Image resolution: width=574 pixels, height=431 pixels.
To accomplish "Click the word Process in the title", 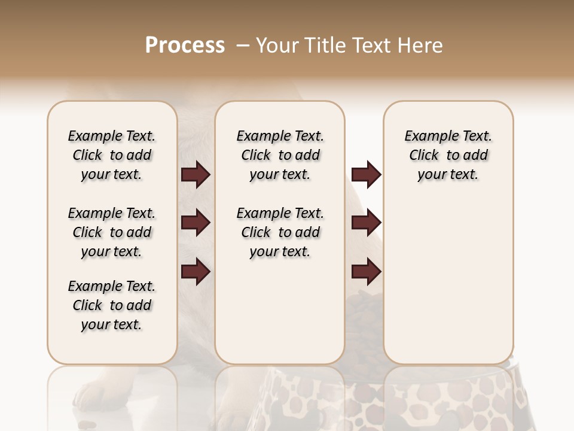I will pos(185,45).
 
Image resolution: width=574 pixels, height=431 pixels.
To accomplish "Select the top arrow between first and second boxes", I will pos(196,175).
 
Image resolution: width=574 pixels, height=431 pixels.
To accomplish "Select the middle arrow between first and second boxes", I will pos(196,223).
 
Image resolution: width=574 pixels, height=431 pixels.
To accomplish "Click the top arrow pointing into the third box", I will pos(366,175).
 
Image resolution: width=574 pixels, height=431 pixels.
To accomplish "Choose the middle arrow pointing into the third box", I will pos(366,223).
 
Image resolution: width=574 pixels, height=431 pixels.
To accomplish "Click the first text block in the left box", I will pos(112,155).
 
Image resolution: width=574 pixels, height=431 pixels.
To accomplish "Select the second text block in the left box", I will pos(112,232).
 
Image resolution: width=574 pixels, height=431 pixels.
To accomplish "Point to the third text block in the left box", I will pos(112,305).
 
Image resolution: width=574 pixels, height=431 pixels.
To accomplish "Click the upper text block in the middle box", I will pos(280,155).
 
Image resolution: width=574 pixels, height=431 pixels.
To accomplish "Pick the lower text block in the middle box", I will pos(280,232).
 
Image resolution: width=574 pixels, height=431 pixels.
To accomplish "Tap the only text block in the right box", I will pos(448,155).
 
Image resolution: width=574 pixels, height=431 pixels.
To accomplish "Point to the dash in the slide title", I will pos(243,45).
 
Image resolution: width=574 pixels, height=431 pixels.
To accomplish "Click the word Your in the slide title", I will pos(277,45).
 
